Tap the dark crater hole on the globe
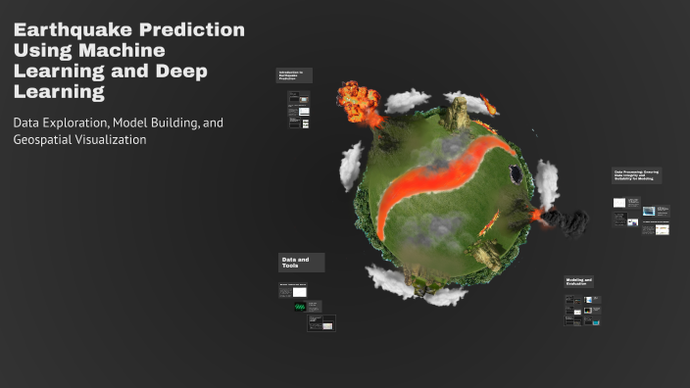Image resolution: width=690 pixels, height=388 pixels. tap(515, 173)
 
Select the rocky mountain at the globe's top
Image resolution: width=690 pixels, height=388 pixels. tap(457, 116)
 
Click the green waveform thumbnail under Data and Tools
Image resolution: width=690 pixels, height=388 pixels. tap(300, 307)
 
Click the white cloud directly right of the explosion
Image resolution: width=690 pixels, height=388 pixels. tap(406, 99)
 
